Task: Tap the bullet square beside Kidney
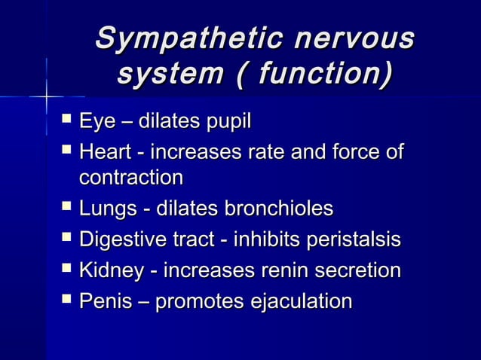point(67,269)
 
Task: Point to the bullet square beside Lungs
point(67,207)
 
